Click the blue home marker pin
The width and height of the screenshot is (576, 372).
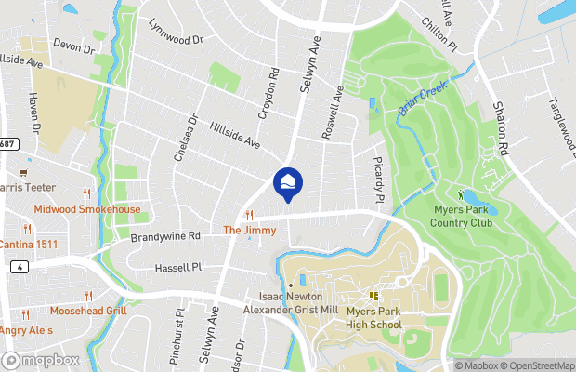[288, 182]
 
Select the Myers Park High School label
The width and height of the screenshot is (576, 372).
[373, 319]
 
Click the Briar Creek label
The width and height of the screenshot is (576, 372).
[423, 97]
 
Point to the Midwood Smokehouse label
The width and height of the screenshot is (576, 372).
[87, 209]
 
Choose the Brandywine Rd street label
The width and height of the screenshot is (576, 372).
[165, 237]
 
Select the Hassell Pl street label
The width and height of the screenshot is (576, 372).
[176, 268]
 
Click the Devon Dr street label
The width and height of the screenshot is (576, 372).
[75, 44]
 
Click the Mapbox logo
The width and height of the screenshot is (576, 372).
[41, 360]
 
